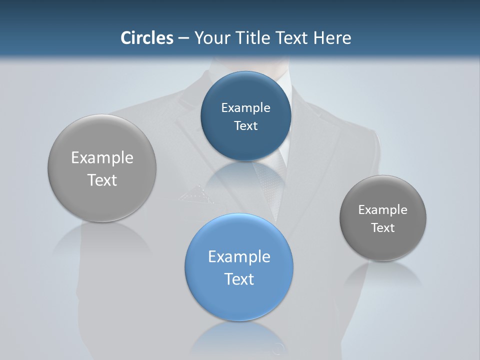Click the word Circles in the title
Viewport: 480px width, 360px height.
(x=147, y=38)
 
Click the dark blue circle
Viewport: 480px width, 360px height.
(x=245, y=116)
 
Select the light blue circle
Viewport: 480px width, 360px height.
(x=239, y=267)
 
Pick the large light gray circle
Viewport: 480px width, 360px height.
(x=102, y=168)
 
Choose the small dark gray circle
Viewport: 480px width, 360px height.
(x=383, y=218)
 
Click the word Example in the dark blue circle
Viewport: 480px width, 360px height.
(x=245, y=107)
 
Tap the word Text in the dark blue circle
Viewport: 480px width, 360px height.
(x=245, y=125)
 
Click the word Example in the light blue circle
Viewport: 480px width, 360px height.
(x=239, y=256)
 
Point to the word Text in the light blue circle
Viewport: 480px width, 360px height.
(x=239, y=278)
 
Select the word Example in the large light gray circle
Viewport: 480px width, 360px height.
(x=102, y=157)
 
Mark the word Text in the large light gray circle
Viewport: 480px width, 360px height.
(x=102, y=180)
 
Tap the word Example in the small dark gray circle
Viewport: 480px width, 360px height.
(x=383, y=209)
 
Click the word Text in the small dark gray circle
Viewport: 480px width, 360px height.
(x=383, y=227)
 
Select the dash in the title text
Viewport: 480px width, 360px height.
(x=183, y=38)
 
